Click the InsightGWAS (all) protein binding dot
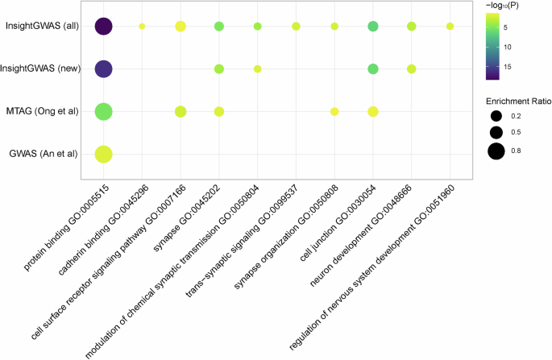click(103, 27)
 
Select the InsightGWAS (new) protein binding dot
click(103, 69)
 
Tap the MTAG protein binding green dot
click(103, 111)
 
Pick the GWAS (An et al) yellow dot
click(103, 154)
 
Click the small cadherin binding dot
click(142, 27)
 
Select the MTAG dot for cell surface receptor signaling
click(181, 111)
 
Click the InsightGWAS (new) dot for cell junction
click(373, 69)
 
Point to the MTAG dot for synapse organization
click(334, 111)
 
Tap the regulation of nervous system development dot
click(450, 27)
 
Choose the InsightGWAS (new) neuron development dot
click(412, 69)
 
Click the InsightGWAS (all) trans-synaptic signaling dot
click(296, 27)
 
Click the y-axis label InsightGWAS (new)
click(41, 69)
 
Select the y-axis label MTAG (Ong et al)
click(43, 111)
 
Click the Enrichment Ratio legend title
click(515, 101)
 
